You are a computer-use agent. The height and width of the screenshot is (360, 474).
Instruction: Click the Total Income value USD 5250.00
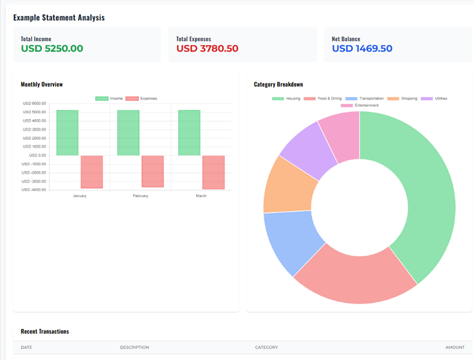52,49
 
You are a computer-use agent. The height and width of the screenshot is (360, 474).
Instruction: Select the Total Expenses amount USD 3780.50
207,49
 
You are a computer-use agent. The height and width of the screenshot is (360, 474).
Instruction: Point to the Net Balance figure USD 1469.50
362,49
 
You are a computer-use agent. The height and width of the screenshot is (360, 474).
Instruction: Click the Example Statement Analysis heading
59,17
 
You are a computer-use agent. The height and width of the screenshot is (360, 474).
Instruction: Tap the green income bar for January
67,133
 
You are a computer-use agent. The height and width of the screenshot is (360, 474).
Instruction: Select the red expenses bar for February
152,172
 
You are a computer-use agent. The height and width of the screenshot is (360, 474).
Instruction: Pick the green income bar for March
189,133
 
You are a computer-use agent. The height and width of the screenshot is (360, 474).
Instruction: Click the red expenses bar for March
214,172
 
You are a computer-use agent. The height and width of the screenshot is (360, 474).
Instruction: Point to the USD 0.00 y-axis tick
34,155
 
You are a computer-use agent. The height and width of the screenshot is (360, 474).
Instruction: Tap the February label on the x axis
140,196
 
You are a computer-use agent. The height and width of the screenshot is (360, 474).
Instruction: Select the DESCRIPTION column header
134,347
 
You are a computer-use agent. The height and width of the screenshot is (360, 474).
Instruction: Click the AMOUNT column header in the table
454,347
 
